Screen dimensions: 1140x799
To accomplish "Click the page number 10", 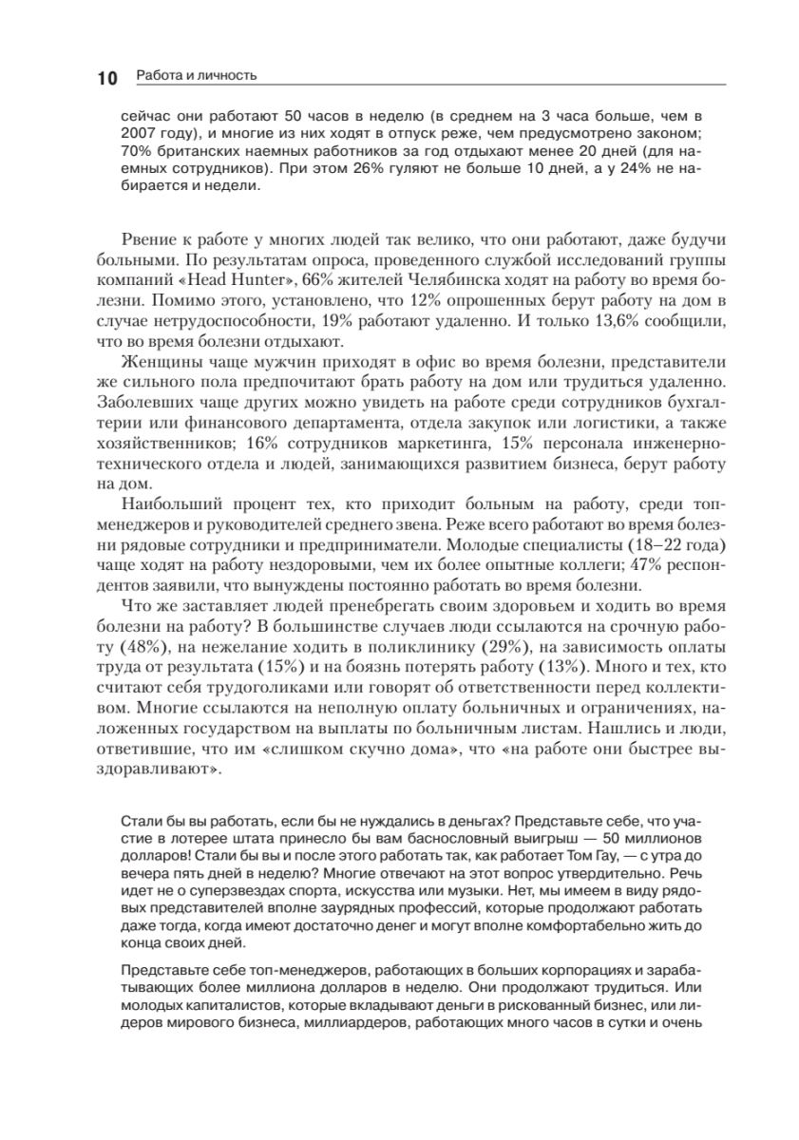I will point(106,79).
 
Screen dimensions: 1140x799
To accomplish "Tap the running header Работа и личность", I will point(197,75).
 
